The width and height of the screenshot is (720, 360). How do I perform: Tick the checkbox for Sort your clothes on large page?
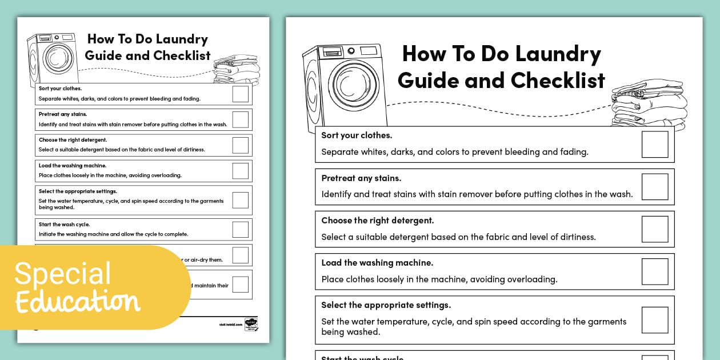coord(655,145)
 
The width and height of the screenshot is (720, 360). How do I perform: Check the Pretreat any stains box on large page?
coord(655,187)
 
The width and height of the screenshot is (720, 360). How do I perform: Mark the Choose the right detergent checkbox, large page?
coord(655,229)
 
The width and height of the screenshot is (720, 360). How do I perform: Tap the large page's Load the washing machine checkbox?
coord(655,271)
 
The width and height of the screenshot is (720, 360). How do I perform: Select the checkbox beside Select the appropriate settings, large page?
coord(655,320)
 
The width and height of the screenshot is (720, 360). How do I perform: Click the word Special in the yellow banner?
coord(63,274)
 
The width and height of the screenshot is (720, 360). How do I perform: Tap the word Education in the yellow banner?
coord(77,301)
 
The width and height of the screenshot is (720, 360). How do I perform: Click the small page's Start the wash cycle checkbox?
coord(241,230)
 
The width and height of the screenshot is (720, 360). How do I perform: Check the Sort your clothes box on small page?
coord(241,94)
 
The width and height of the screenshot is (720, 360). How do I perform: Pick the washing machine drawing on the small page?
coord(53,57)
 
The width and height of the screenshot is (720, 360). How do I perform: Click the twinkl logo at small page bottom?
coord(250,324)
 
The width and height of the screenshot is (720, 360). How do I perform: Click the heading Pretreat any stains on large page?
coord(361,178)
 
